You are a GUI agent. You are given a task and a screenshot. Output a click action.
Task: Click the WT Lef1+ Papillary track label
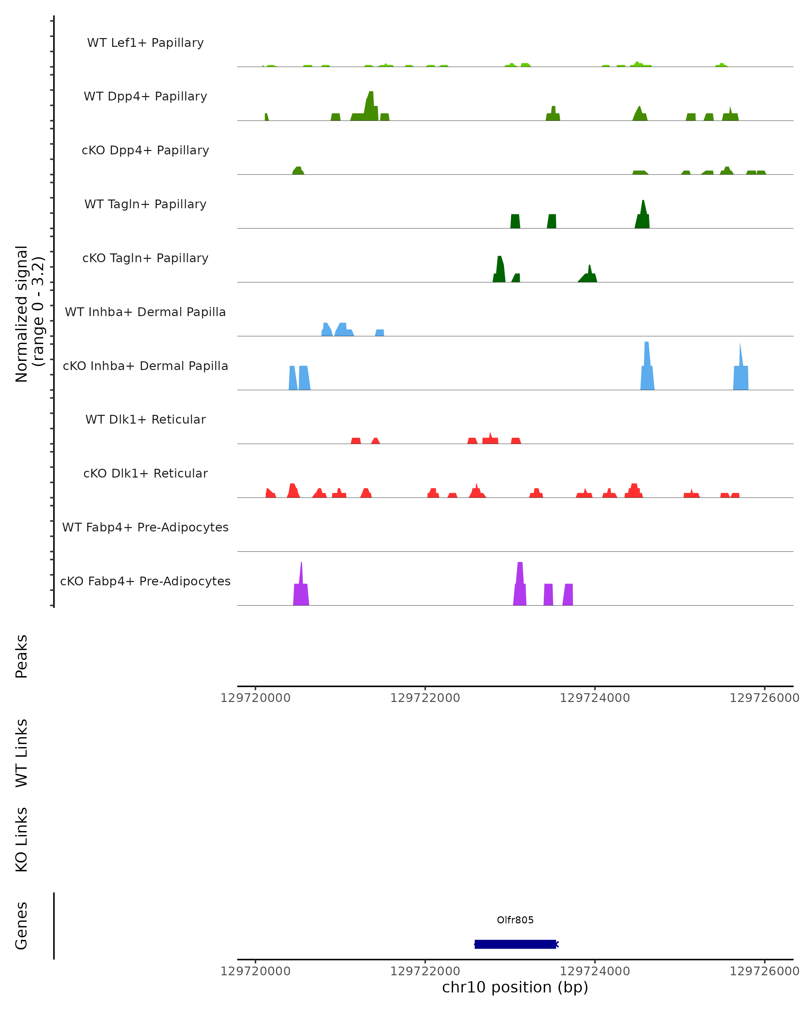coord(145,43)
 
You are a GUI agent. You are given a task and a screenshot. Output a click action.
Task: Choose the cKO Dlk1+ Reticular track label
coord(145,473)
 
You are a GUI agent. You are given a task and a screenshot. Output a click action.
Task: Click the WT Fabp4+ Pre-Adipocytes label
coord(145,527)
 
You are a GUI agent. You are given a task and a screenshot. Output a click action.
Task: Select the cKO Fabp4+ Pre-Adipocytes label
coord(145,581)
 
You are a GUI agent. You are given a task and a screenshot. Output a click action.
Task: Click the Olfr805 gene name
coord(515,920)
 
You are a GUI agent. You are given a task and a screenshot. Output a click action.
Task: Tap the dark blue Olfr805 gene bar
coord(515,944)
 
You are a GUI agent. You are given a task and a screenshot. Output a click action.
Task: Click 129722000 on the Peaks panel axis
coord(425,698)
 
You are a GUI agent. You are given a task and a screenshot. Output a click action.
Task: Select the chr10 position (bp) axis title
coord(515,987)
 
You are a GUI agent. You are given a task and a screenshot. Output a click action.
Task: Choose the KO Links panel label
coord(22,840)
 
